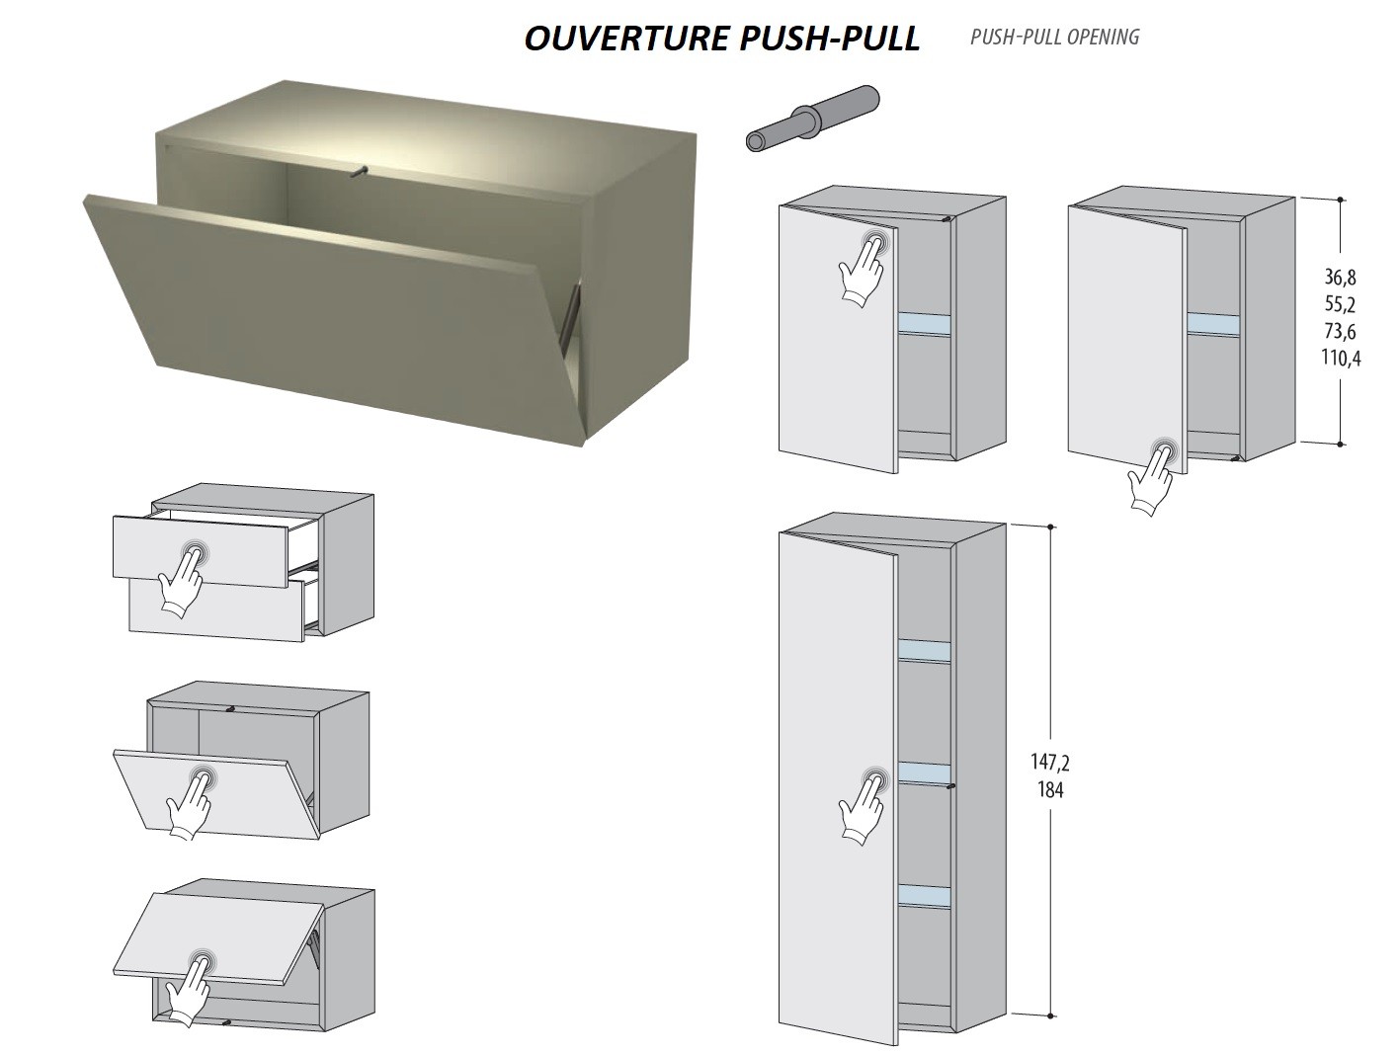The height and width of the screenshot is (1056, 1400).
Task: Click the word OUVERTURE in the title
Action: click(627, 39)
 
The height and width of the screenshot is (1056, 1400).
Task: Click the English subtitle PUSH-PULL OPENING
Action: click(1055, 37)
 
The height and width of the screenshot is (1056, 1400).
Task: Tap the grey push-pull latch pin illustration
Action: click(812, 119)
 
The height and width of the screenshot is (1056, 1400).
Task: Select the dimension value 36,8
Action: click(1341, 278)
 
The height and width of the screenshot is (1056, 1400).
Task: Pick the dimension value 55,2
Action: click(1341, 304)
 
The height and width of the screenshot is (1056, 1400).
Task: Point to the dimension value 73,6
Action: click(1341, 332)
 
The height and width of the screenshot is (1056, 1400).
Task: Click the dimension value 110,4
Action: click(1341, 359)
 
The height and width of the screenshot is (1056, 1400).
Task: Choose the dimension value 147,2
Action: click(1050, 762)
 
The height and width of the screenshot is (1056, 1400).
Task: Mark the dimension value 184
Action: click(1050, 790)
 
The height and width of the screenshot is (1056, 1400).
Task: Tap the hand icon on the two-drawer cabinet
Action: click(182, 578)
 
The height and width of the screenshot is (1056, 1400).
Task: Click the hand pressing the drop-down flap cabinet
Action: click(192, 801)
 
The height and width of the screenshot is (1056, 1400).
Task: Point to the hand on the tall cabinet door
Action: click(864, 806)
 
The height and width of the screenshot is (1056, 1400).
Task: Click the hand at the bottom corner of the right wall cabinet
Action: click(1153, 477)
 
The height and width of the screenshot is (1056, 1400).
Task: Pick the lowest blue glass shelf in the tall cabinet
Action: click(924, 895)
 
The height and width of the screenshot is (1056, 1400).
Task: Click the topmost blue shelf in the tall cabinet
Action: click(924, 652)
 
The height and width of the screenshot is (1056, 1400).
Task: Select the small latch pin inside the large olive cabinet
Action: click(359, 171)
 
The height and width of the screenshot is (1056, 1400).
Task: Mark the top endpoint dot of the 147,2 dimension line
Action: click(1050, 527)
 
